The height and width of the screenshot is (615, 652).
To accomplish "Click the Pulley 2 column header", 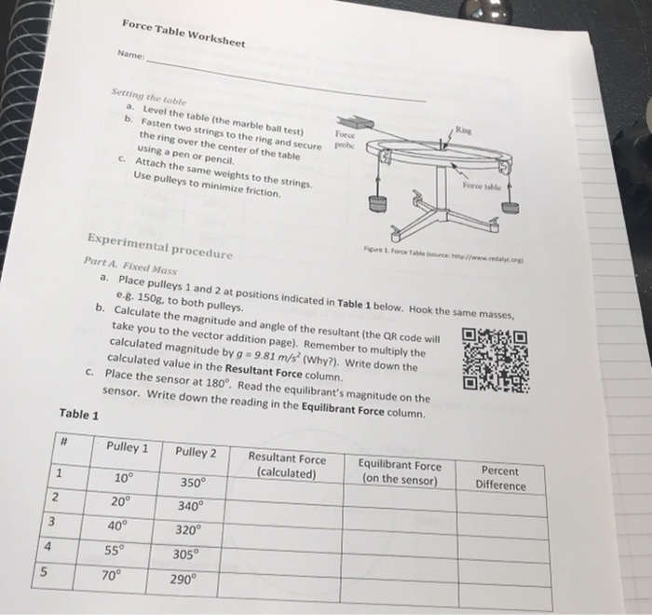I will (196, 453).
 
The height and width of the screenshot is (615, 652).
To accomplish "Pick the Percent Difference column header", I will (500, 478).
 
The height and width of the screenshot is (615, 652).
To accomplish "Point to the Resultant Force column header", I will (287, 465).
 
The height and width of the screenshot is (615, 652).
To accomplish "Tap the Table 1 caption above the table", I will (78, 414).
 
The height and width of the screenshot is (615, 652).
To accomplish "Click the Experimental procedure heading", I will (159, 239).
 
